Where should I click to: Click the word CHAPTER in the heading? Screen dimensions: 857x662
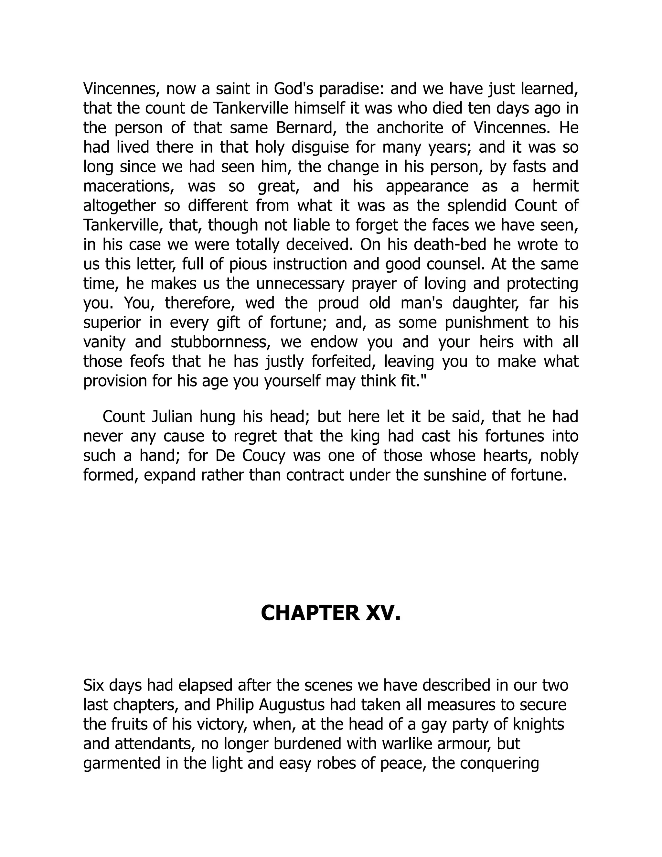tap(309, 613)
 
